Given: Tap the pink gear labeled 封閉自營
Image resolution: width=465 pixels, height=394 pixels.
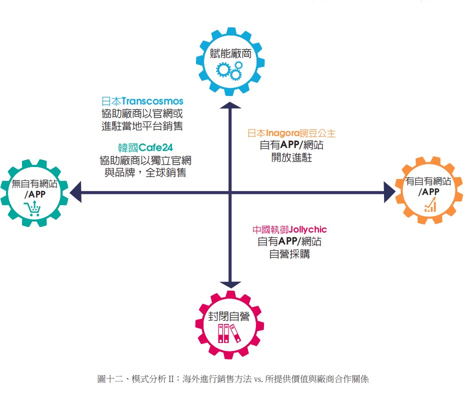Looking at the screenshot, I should click(x=229, y=322).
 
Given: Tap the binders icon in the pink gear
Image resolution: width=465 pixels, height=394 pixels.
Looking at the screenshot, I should click(x=229, y=333).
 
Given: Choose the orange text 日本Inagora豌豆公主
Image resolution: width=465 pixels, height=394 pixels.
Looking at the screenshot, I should click(x=292, y=133).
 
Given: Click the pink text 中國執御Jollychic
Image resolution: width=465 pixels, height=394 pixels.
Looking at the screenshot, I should click(x=289, y=230).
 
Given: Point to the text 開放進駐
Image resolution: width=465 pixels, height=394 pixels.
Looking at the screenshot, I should click(x=292, y=157).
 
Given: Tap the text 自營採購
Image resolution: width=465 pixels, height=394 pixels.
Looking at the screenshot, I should click(x=289, y=253).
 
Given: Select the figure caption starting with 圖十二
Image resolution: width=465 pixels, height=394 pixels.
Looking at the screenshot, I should click(x=232, y=378).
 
